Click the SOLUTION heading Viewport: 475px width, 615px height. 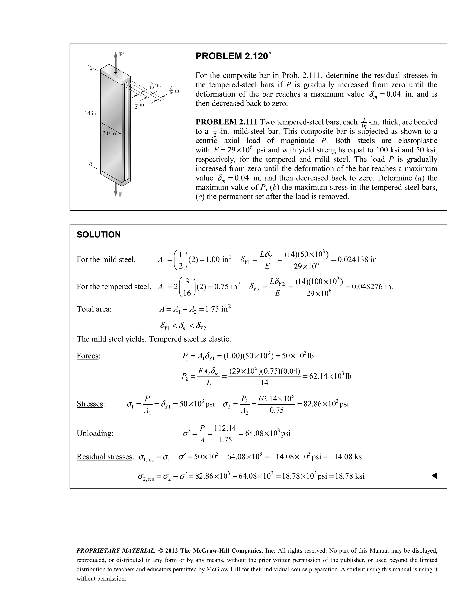click(99, 235)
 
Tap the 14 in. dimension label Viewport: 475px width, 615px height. click(91, 113)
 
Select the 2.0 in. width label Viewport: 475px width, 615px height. click(109, 133)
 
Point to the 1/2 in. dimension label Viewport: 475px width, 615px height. click(140, 104)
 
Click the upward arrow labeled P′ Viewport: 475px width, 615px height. click(115, 61)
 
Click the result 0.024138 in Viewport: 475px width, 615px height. click(357, 259)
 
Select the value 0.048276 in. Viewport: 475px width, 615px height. click(372, 287)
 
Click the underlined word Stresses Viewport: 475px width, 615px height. click(90, 404)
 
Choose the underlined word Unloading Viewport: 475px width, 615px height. click(94, 433)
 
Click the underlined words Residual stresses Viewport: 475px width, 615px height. click(104, 456)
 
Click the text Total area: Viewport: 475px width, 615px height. click(94, 309)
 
